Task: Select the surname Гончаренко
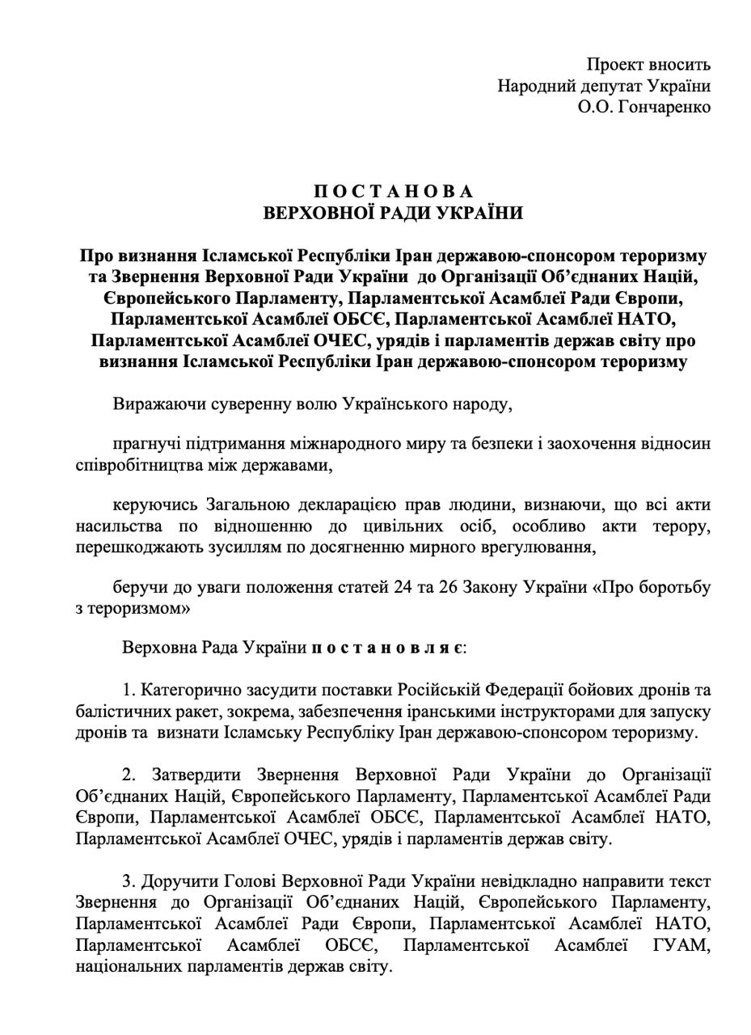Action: coord(664,107)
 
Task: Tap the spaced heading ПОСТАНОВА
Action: coord(393,192)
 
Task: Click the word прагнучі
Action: coord(146,444)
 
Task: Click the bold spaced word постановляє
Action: coord(387,648)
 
